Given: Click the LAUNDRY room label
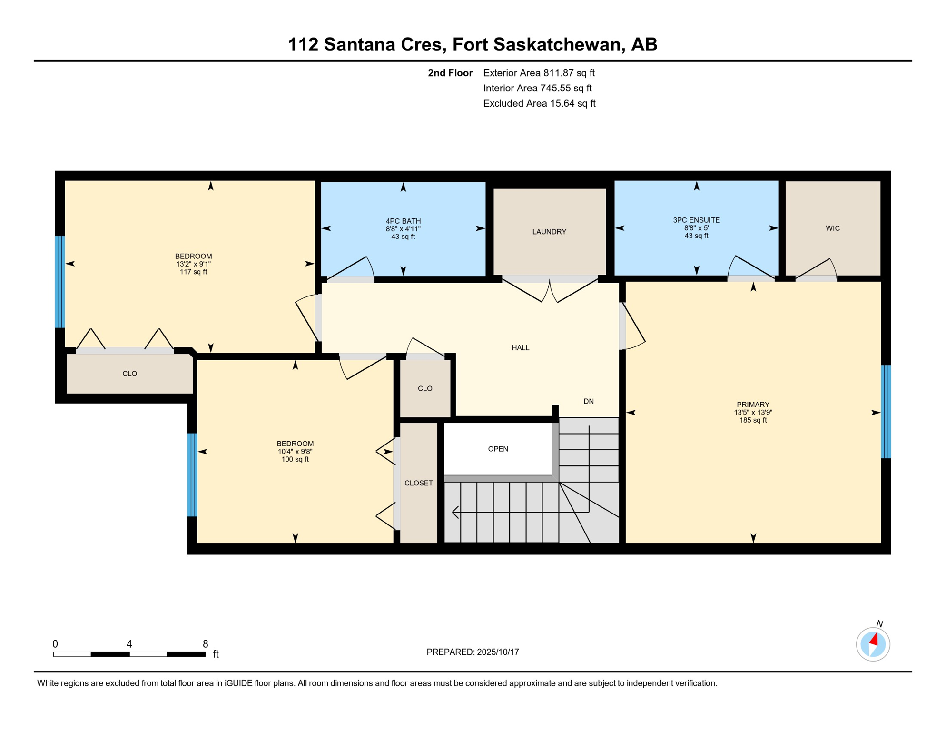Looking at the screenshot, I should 549,232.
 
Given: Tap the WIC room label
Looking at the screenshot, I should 832,228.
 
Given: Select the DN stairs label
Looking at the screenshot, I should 588,401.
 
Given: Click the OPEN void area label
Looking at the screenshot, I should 498,449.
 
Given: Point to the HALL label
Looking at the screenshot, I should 520,348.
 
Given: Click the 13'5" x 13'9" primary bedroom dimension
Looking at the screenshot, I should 753,413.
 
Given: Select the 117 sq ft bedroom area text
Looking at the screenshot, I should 193,272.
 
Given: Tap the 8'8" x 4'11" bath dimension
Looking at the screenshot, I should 403,229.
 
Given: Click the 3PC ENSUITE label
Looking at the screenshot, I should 696,220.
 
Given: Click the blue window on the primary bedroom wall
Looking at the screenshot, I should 886,412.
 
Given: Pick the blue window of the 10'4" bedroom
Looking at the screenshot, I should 192,474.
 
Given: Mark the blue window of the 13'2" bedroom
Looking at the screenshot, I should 60,282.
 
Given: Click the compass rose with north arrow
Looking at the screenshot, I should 873,644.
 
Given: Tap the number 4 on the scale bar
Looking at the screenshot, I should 129,644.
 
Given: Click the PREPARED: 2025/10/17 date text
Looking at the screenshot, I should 473,652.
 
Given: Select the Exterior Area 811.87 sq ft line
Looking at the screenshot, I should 539,73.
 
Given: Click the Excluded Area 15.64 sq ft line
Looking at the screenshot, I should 539,103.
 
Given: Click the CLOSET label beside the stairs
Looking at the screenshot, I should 418,483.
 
